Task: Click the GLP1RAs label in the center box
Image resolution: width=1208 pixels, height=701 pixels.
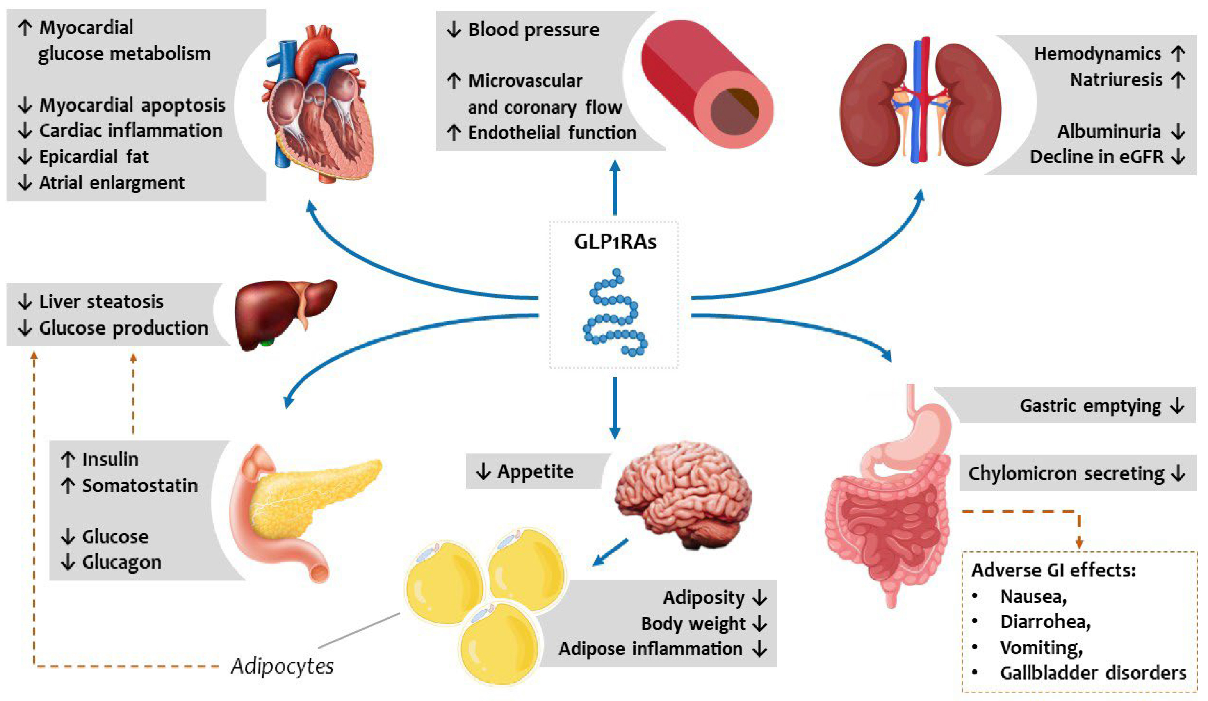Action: point(615,242)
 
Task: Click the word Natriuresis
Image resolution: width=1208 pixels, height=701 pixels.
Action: point(1116,80)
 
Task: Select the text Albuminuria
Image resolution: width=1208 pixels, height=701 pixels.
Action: point(1109,131)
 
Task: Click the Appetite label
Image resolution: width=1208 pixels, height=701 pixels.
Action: point(535,471)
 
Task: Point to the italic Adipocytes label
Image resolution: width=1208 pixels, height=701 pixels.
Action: point(282,666)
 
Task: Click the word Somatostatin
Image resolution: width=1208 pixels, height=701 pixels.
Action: point(139,485)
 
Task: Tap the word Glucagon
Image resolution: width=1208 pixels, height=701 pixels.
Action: point(121,562)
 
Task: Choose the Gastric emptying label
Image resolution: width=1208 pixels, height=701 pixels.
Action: point(1089,406)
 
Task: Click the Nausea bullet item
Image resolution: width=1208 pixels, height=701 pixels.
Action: point(1032,596)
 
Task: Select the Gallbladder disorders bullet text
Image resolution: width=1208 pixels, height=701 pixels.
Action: point(1093,673)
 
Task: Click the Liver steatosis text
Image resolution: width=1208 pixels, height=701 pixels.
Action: point(101,302)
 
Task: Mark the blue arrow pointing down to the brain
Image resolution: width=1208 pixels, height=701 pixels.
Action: point(615,407)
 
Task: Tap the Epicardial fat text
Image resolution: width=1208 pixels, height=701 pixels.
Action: point(93,157)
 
